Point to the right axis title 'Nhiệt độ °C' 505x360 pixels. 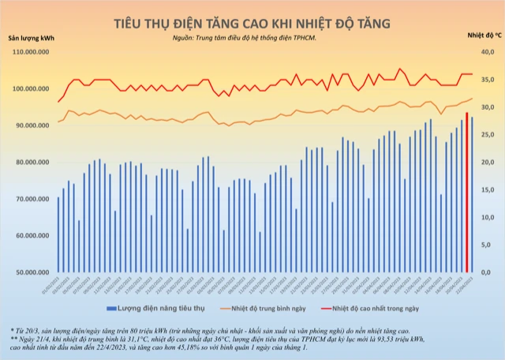(474, 36)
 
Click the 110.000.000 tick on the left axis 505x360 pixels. (32, 52)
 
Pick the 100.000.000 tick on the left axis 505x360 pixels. (32, 88)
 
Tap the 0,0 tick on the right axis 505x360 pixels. (487, 272)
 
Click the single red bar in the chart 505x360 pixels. (467, 193)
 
